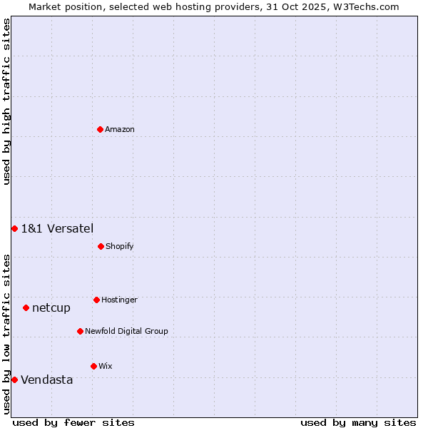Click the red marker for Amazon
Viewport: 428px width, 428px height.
(101, 129)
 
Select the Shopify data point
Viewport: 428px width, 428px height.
(101, 246)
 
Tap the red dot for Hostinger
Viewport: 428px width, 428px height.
(96, 300)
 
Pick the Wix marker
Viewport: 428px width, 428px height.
(93, 366)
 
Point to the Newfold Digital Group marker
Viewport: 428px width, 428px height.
(80, 331)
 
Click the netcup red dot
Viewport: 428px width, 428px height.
(26, 307)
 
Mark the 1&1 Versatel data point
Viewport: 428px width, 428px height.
(14, 228)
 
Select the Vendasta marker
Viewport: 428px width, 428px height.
(14, 379)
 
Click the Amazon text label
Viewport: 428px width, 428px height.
(120, 129)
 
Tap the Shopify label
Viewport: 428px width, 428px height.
(120, 246)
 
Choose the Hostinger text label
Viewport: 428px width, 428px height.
(119, 300)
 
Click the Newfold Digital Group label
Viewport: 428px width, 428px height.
(126, 331)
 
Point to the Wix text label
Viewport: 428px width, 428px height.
(106, 366)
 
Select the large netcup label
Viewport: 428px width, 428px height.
(51, 307)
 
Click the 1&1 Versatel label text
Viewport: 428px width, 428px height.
(57, 228)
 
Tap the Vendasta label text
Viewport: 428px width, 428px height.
(47, 379)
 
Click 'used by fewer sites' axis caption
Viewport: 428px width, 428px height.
(73, 422)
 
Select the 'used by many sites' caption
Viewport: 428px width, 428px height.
(358, 422)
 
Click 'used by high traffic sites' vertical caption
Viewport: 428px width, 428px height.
(6, 101)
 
